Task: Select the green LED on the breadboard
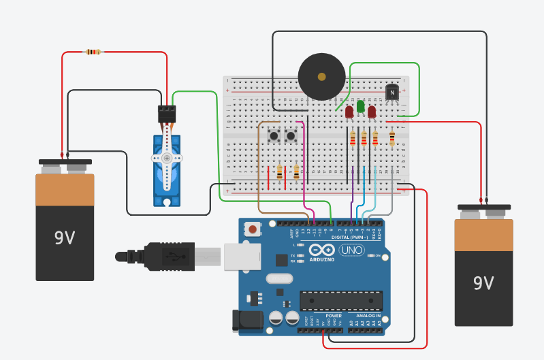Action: coord(360,107)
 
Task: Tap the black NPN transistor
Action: coord(392,91)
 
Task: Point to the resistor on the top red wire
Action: coord(92,52)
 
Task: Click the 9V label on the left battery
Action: coord(65,238)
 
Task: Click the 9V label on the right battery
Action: coord(483,282)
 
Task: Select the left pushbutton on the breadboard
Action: coord(274,136)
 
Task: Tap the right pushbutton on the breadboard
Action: coord(291,136)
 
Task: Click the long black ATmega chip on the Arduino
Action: coord(340,300)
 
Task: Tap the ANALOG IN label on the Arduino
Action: coord(368,316)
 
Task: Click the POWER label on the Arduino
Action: coord(334,316)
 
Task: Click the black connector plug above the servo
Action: coord(167,114)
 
